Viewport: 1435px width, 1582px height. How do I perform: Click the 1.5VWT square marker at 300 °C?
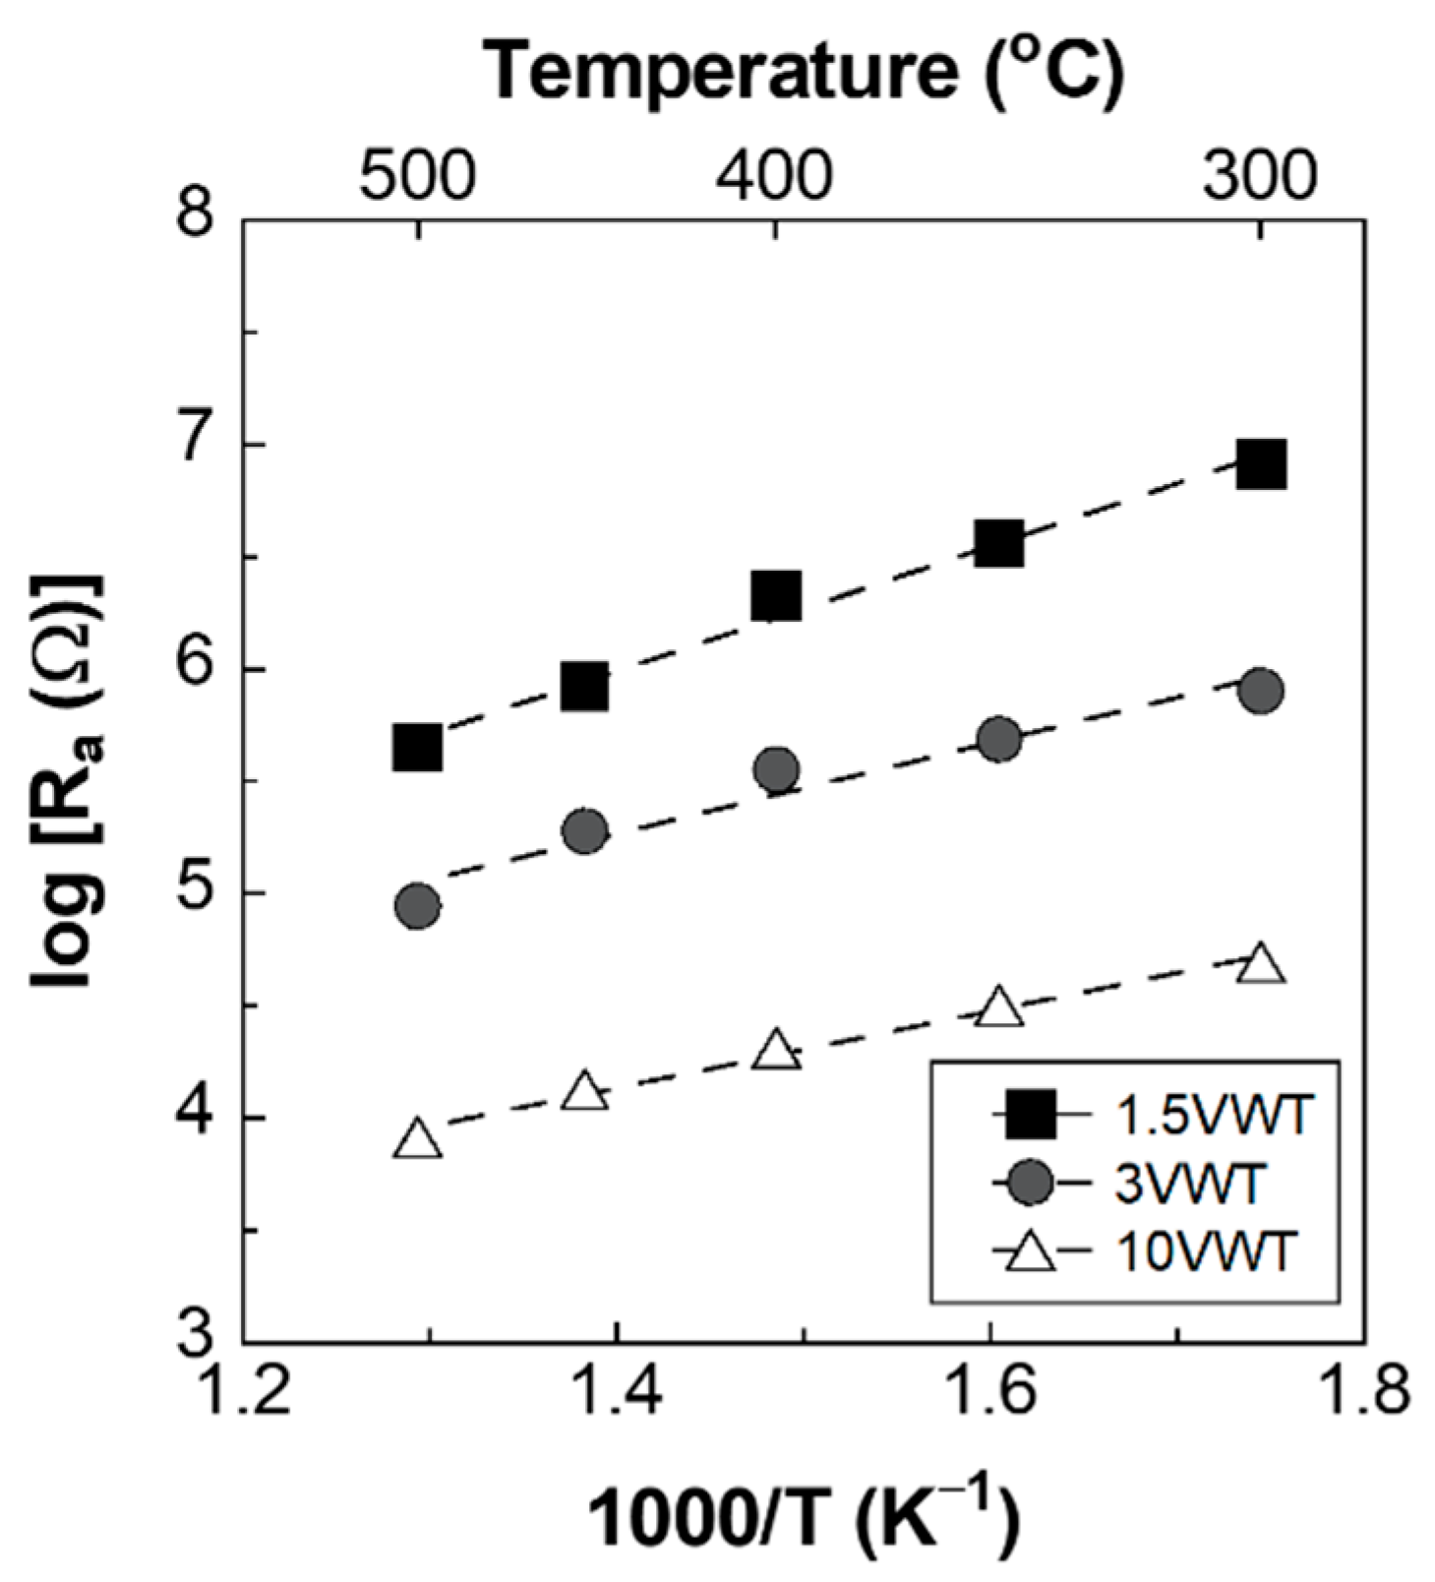1261,463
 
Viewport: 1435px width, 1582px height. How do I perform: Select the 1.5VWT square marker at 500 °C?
417,748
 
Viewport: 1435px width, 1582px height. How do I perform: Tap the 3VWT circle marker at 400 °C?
776,769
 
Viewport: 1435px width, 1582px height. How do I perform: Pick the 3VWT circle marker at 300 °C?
1261,692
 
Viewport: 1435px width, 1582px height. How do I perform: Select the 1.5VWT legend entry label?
1214,1117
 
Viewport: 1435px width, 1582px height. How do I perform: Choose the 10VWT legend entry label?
1206,1253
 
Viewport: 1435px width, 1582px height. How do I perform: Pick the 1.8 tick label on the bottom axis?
1363,1395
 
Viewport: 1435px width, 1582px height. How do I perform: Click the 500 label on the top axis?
417,178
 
